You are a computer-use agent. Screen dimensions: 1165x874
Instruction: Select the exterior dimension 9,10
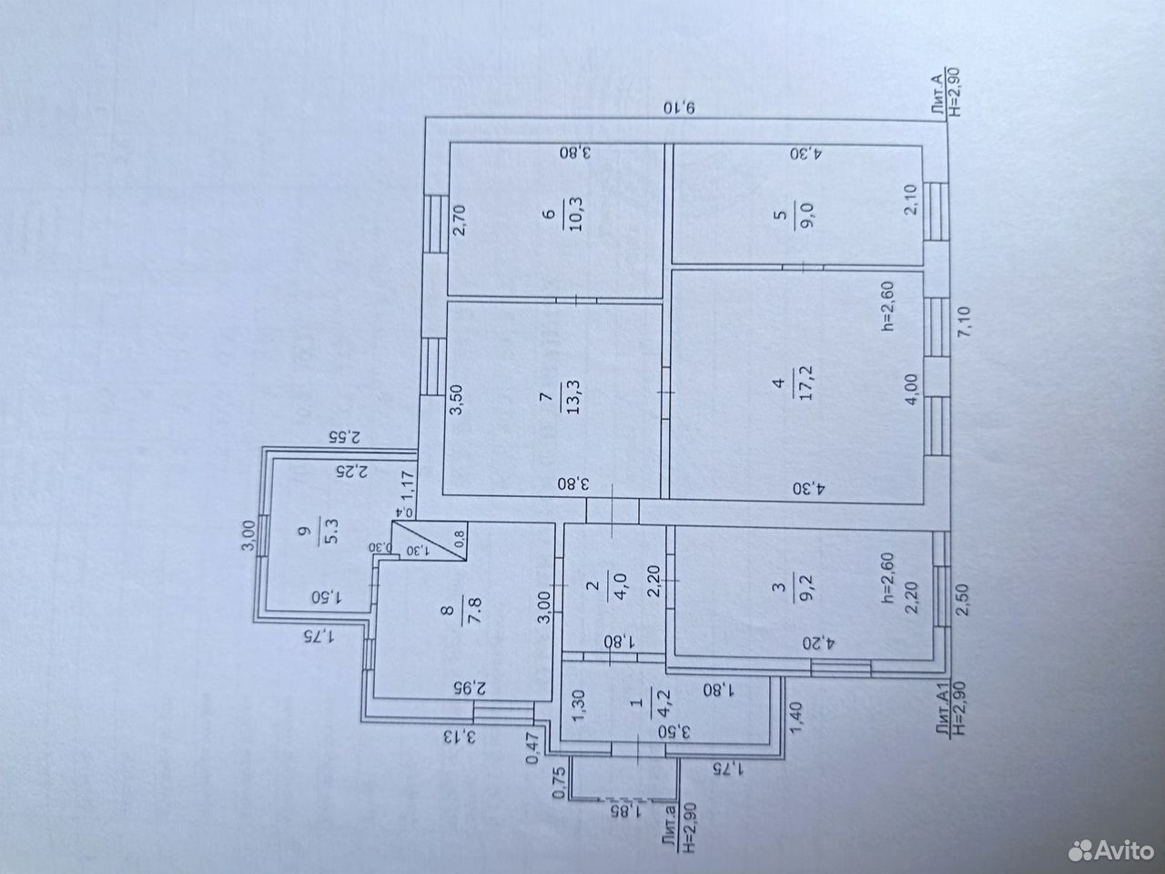pyautogui.click(x=679, y=107)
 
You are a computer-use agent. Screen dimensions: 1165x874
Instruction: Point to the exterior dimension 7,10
pyautogui.click(x=963, y=321)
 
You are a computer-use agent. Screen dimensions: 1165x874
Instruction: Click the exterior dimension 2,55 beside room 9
pyautogui.click(x=344, y=437)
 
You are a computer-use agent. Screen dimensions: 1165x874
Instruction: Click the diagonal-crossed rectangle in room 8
pyautogui.click(x=429, y=541)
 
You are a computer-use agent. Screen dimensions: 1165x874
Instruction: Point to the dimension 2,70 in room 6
pyautogui.click(x=459, y=220)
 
